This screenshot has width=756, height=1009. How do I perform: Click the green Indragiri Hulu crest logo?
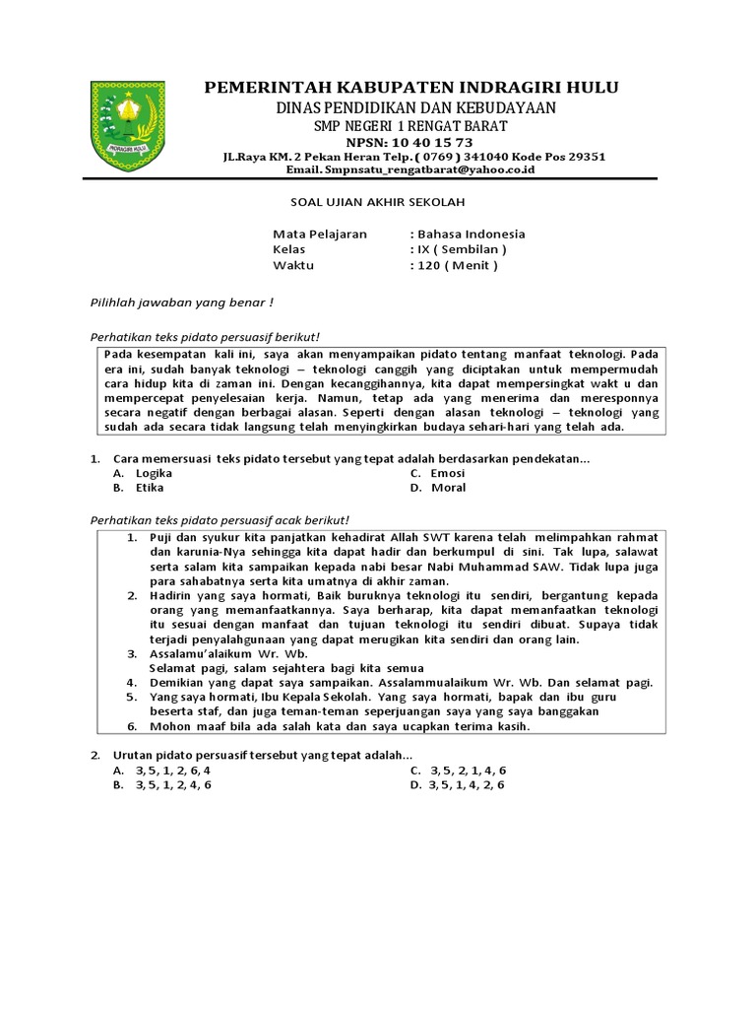[x=128, y=125]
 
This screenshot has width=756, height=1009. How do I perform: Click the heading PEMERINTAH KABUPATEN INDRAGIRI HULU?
[x=410, y=89]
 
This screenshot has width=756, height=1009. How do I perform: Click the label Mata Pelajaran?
[x=320, y=235]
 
